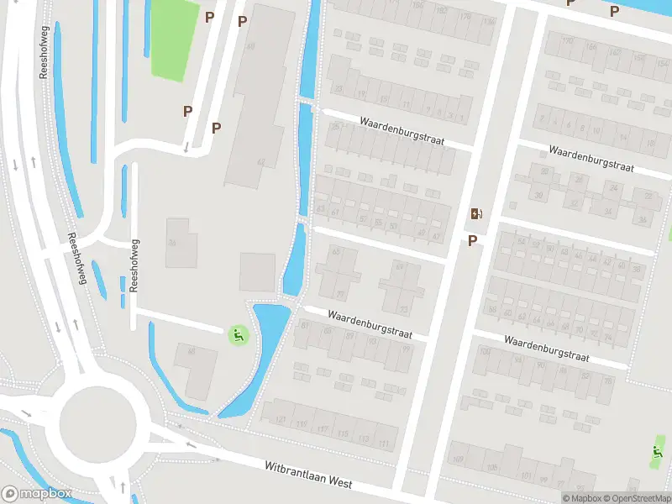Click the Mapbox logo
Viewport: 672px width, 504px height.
tap(36, 494)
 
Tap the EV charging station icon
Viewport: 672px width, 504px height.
tap(477, 213)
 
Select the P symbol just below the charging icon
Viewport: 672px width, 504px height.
tap(472, 241)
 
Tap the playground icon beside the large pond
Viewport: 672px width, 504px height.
tap(238, 336)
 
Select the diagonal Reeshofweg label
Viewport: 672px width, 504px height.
tap(77, 259)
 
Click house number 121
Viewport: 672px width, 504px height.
tap(281, 419)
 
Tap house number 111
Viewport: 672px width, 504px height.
tap(384, 443)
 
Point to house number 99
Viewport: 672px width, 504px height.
tap(407, 349)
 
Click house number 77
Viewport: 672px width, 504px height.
tap(339, 293)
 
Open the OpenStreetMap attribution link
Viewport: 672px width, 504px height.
tap(637, 498)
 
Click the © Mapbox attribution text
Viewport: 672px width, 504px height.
tap(582, 498)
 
